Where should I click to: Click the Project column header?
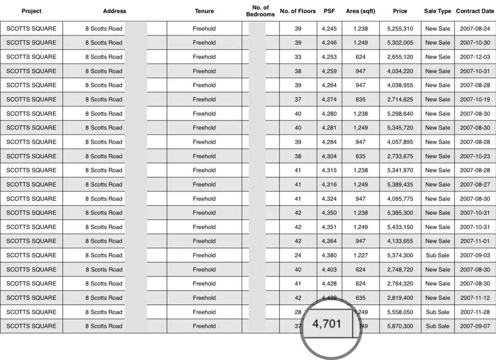pos(31,11)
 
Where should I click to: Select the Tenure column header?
pos(204,11)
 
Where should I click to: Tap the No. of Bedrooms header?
pos(260,11)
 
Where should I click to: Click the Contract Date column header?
pos(475,11)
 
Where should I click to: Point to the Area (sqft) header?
pos(360,11)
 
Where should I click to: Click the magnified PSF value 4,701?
pos(326,323)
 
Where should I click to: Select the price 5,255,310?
pos(400,28)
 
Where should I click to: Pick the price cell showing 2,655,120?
pos(400,57)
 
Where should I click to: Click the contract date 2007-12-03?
pos(475,57)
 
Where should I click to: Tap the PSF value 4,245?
pos(329,28)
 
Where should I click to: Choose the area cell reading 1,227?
pos(360,255)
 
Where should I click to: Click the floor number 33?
pos(298,57)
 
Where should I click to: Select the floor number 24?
pos(298,255)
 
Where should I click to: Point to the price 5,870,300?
pos(400,326)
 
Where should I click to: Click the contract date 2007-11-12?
pos(475,298)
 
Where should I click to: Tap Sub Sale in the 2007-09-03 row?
pos(438,255)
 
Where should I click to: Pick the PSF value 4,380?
pos(329,255)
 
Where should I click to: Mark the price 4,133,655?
pos(400,241)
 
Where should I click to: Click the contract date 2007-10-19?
pos(475,99)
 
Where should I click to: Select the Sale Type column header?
pos(438,11)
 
